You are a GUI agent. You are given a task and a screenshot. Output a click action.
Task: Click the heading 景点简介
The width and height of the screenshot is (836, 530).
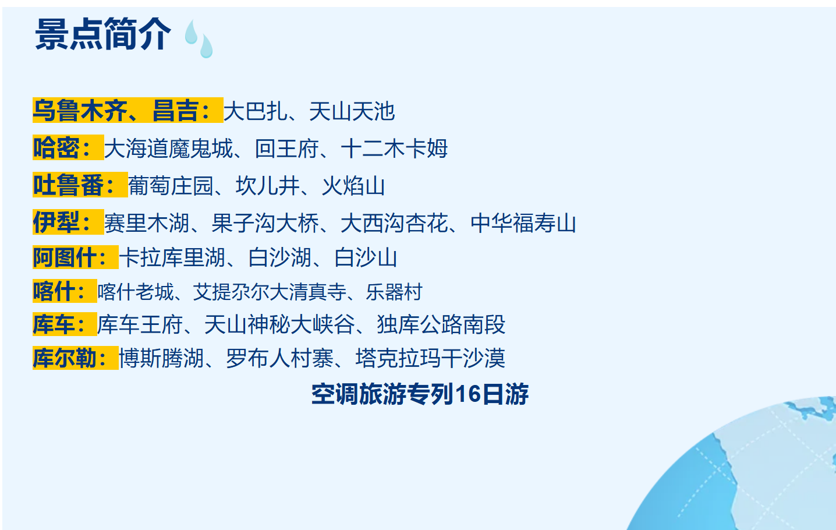coord(103,34)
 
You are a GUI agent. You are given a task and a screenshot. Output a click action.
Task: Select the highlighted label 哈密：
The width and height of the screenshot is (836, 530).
coord(68,148)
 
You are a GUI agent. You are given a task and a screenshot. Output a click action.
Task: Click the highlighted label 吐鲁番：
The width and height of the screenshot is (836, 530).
coord(79,185)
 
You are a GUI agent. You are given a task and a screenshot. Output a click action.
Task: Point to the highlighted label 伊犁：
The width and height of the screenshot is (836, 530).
coord(68,222)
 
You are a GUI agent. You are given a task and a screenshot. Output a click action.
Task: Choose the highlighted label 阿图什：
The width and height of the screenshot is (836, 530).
coord(75,257)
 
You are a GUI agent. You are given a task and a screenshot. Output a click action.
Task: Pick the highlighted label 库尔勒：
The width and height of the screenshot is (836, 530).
coord(75,358)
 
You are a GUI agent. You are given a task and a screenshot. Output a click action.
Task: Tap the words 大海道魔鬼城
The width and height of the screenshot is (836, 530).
coord(168,149)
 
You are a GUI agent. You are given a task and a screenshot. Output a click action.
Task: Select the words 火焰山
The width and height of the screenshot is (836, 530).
coord(353,186)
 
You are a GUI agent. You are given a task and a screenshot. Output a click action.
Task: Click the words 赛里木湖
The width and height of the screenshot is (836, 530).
coord(147,223)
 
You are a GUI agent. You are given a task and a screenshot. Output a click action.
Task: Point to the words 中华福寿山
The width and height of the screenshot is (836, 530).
coord(523,223)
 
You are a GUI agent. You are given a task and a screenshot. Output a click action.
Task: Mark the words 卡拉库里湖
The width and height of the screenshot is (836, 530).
coord(172,257)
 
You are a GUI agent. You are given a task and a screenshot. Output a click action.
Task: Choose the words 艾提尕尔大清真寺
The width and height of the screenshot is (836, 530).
coord(270,292)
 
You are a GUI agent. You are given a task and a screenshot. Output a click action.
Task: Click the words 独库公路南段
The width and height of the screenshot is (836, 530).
coord(441,324)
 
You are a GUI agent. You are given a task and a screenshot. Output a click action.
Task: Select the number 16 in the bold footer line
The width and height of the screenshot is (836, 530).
coord(467,394)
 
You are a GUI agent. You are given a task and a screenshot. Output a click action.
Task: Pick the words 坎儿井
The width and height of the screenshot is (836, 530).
coord(267,186)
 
